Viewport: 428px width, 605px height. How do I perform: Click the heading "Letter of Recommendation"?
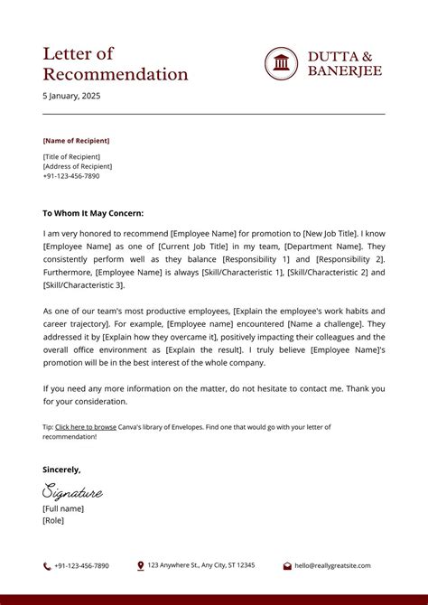tap(116, 64)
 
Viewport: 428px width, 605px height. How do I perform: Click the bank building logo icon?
tap(282, 63)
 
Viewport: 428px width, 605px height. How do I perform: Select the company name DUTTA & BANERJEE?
tap(345, 63)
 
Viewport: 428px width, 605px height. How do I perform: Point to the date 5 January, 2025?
tap(73, 96)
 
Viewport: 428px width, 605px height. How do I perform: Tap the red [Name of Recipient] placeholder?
tap(76, 141)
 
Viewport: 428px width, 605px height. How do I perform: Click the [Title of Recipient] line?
tap(71, 157)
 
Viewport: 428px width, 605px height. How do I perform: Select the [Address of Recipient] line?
tap(78, 166)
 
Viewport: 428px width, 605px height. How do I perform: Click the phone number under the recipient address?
tap(71, 176)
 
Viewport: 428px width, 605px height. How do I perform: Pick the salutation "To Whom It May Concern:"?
tap(93, 213)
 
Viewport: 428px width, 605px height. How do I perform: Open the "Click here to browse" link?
tap(86, 426)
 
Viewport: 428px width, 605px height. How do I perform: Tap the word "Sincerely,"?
tap(61, 470)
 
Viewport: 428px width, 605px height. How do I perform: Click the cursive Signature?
tap(72, 492)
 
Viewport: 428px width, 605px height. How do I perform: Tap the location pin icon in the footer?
tap(141, 566)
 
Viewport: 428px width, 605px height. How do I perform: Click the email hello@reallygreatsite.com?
tap(332, 566)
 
